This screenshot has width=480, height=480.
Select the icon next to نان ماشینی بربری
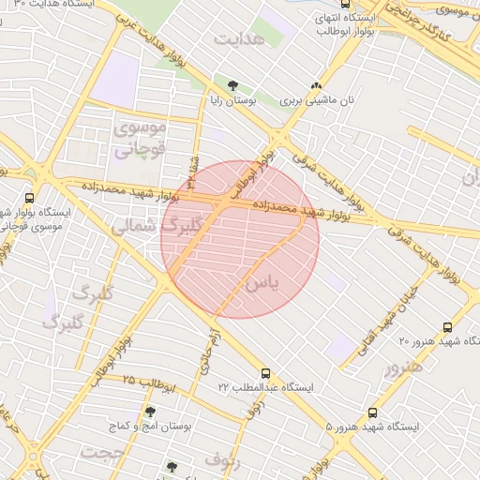click(316, 84)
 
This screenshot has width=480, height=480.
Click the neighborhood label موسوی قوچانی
click(140, 137)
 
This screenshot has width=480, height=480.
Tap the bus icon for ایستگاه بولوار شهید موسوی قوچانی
click(30, 198)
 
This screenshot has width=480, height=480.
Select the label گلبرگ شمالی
click(157, 226)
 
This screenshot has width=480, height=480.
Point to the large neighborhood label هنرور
click(402, 366)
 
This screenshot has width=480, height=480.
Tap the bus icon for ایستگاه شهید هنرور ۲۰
click(447, 327)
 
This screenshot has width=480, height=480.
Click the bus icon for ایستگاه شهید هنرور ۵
click(373, 412)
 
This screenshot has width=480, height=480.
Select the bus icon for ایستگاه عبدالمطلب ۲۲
click(265, 372)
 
